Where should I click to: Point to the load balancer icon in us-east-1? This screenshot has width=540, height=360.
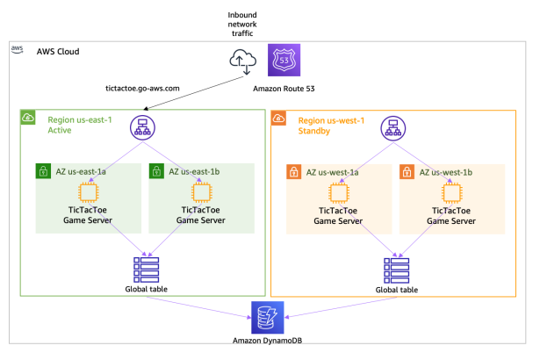(x=142, y=129)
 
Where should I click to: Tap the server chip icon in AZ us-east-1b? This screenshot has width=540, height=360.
(x=199, y=192)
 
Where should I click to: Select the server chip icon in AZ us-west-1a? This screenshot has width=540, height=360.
(x=338, y=192)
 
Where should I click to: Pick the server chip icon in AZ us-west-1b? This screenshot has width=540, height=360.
(x=451, y=192)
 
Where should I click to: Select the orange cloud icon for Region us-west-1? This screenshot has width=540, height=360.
(x=278, y=118)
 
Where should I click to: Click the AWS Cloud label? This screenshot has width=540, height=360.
(x=58, y=53)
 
